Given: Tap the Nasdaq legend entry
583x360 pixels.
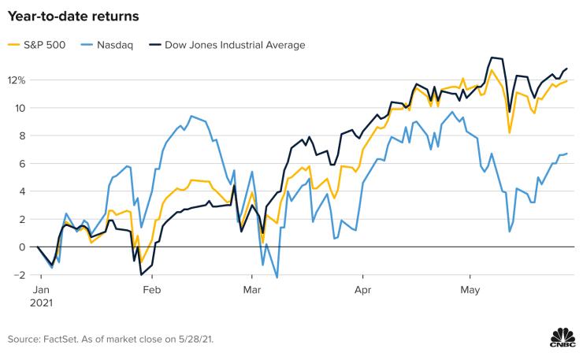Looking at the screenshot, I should tap(106, 45).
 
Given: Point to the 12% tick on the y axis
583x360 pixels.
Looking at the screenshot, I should tap(17, 80).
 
